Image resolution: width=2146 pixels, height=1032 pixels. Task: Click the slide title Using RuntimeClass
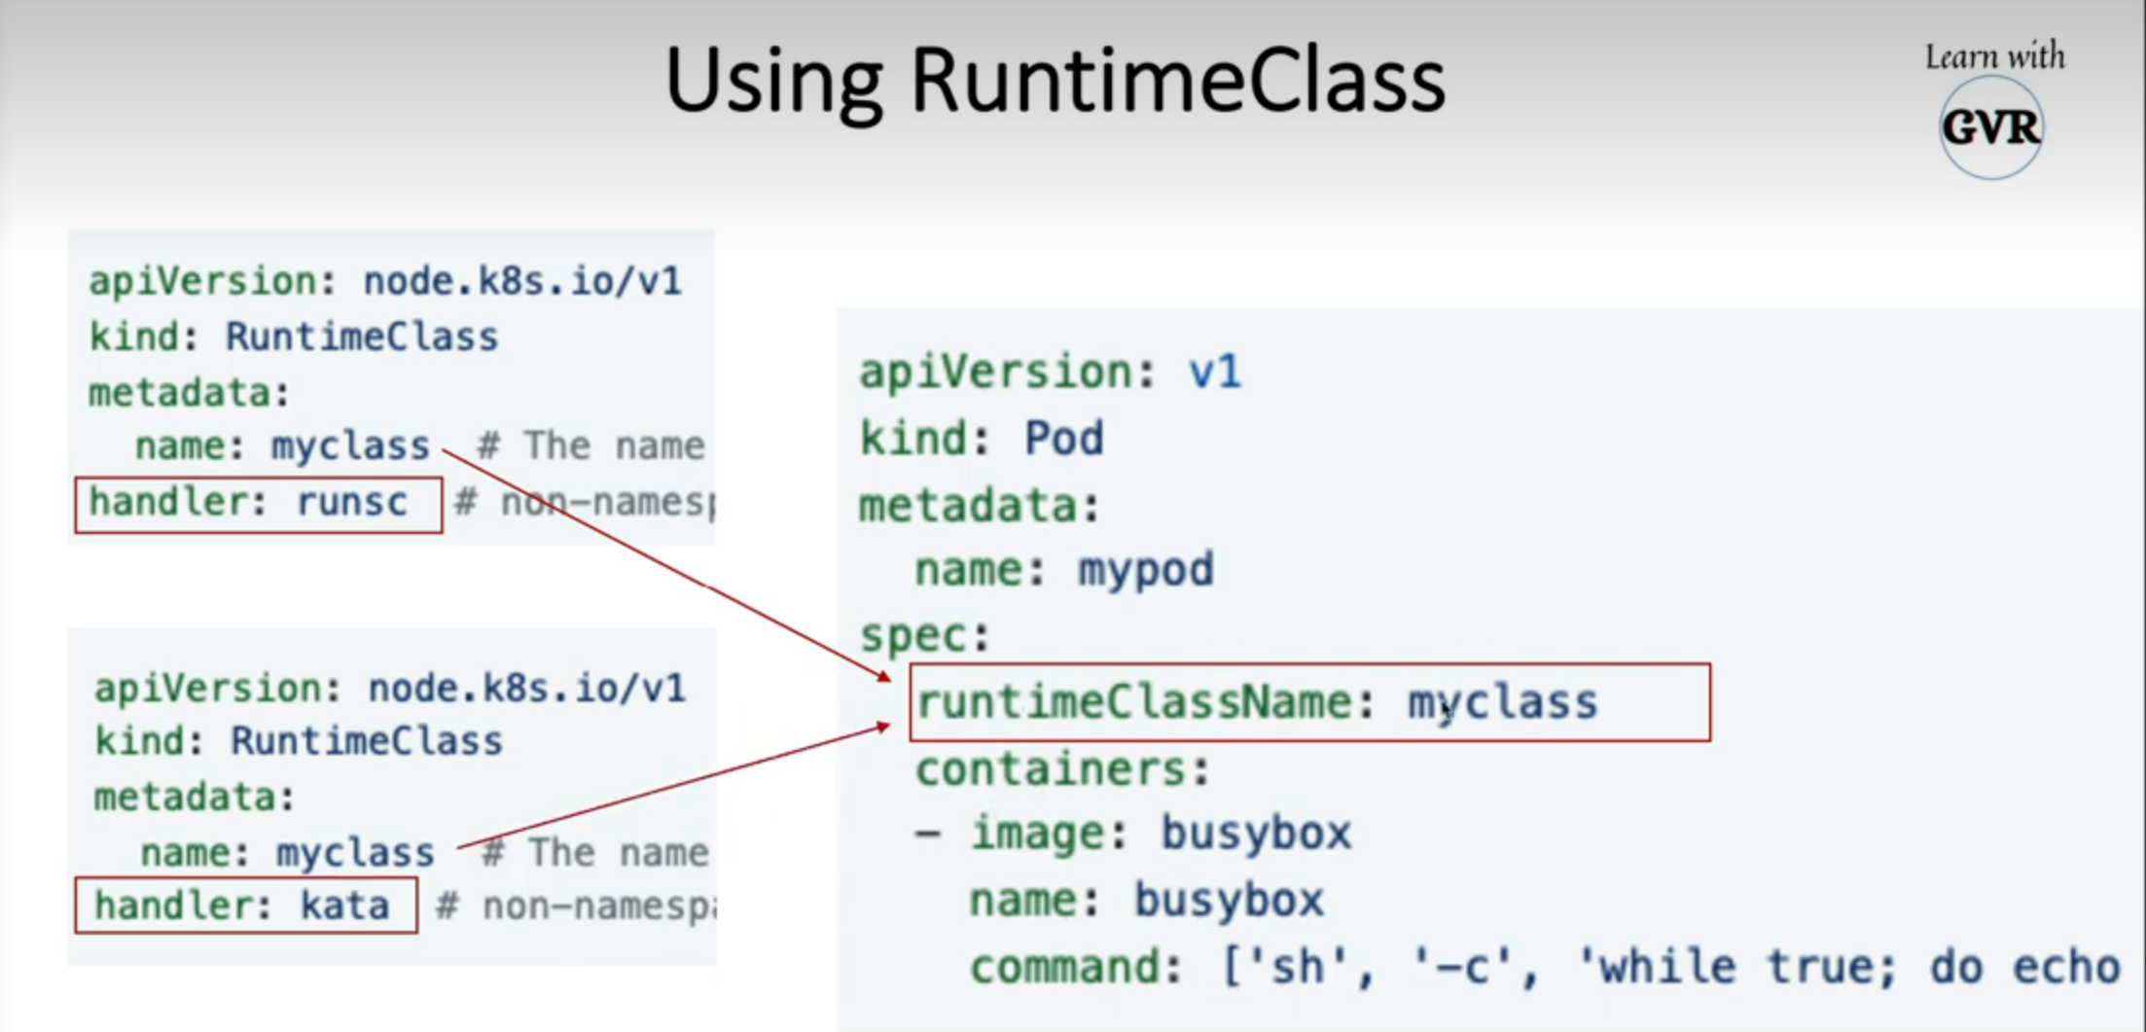(1055, 82)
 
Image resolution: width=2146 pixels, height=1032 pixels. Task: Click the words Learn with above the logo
(1994, 56)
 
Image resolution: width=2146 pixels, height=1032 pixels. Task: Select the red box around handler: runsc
(258, 504)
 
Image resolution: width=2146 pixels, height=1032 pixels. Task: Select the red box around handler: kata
(246, 906)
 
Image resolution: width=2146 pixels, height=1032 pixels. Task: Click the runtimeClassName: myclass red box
(1308, 702)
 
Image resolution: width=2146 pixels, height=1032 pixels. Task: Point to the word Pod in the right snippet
(1063, 439)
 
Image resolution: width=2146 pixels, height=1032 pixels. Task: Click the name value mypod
(1145, 570)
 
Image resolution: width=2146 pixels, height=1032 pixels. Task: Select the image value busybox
(1256, 834)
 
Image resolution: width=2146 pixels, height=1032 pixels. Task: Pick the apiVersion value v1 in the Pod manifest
(1214, 372)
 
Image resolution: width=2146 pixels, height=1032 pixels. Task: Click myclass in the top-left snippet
(350, 446)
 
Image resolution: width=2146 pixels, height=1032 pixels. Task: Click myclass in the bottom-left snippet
(355, 853)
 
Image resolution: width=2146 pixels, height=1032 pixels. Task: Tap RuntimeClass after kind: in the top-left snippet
(361, 338)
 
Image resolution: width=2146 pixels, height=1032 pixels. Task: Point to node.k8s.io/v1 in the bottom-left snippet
(526, 689)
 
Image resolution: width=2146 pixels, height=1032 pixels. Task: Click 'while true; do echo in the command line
(1848, 967)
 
